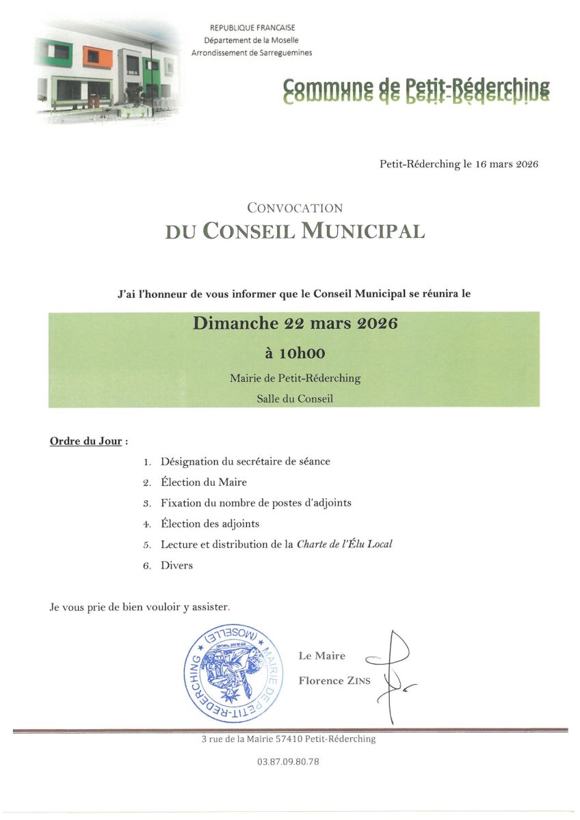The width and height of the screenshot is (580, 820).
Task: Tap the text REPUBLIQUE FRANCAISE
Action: point(252,28)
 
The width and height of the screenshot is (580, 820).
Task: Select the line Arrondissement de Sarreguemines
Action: point(252,53)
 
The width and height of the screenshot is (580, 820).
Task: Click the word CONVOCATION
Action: point(295,208)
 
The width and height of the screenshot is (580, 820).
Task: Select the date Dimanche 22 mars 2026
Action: point(295,324)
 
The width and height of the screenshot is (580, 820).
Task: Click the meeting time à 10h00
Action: point(295,353)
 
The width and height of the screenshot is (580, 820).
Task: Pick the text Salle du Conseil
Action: point(295,398)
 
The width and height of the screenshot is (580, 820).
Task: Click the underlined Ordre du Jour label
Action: point(86,441)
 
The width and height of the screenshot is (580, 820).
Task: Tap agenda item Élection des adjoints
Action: point(210,524)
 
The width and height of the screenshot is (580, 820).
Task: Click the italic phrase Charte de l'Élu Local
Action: point(345,545)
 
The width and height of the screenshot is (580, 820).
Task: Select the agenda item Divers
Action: point(176,565)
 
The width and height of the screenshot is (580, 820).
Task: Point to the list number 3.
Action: point(146,504)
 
